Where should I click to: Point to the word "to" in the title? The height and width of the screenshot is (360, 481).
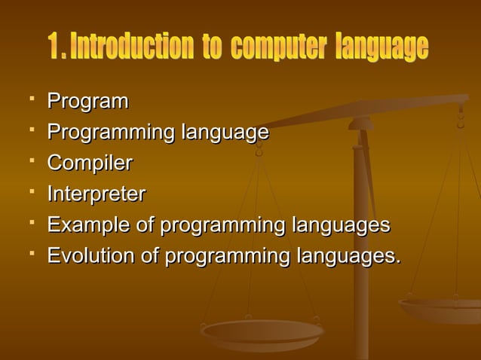(211, 48)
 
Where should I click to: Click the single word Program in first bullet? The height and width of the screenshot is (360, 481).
(87, 102)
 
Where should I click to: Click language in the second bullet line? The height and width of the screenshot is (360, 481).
(225, 133)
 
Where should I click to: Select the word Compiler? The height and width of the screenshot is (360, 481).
(90, 163)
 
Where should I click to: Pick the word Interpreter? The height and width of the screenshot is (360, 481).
(96, 194)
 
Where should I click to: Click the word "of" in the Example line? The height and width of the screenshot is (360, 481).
(148, 225)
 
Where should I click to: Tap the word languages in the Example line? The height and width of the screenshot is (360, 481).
(341, 225)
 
